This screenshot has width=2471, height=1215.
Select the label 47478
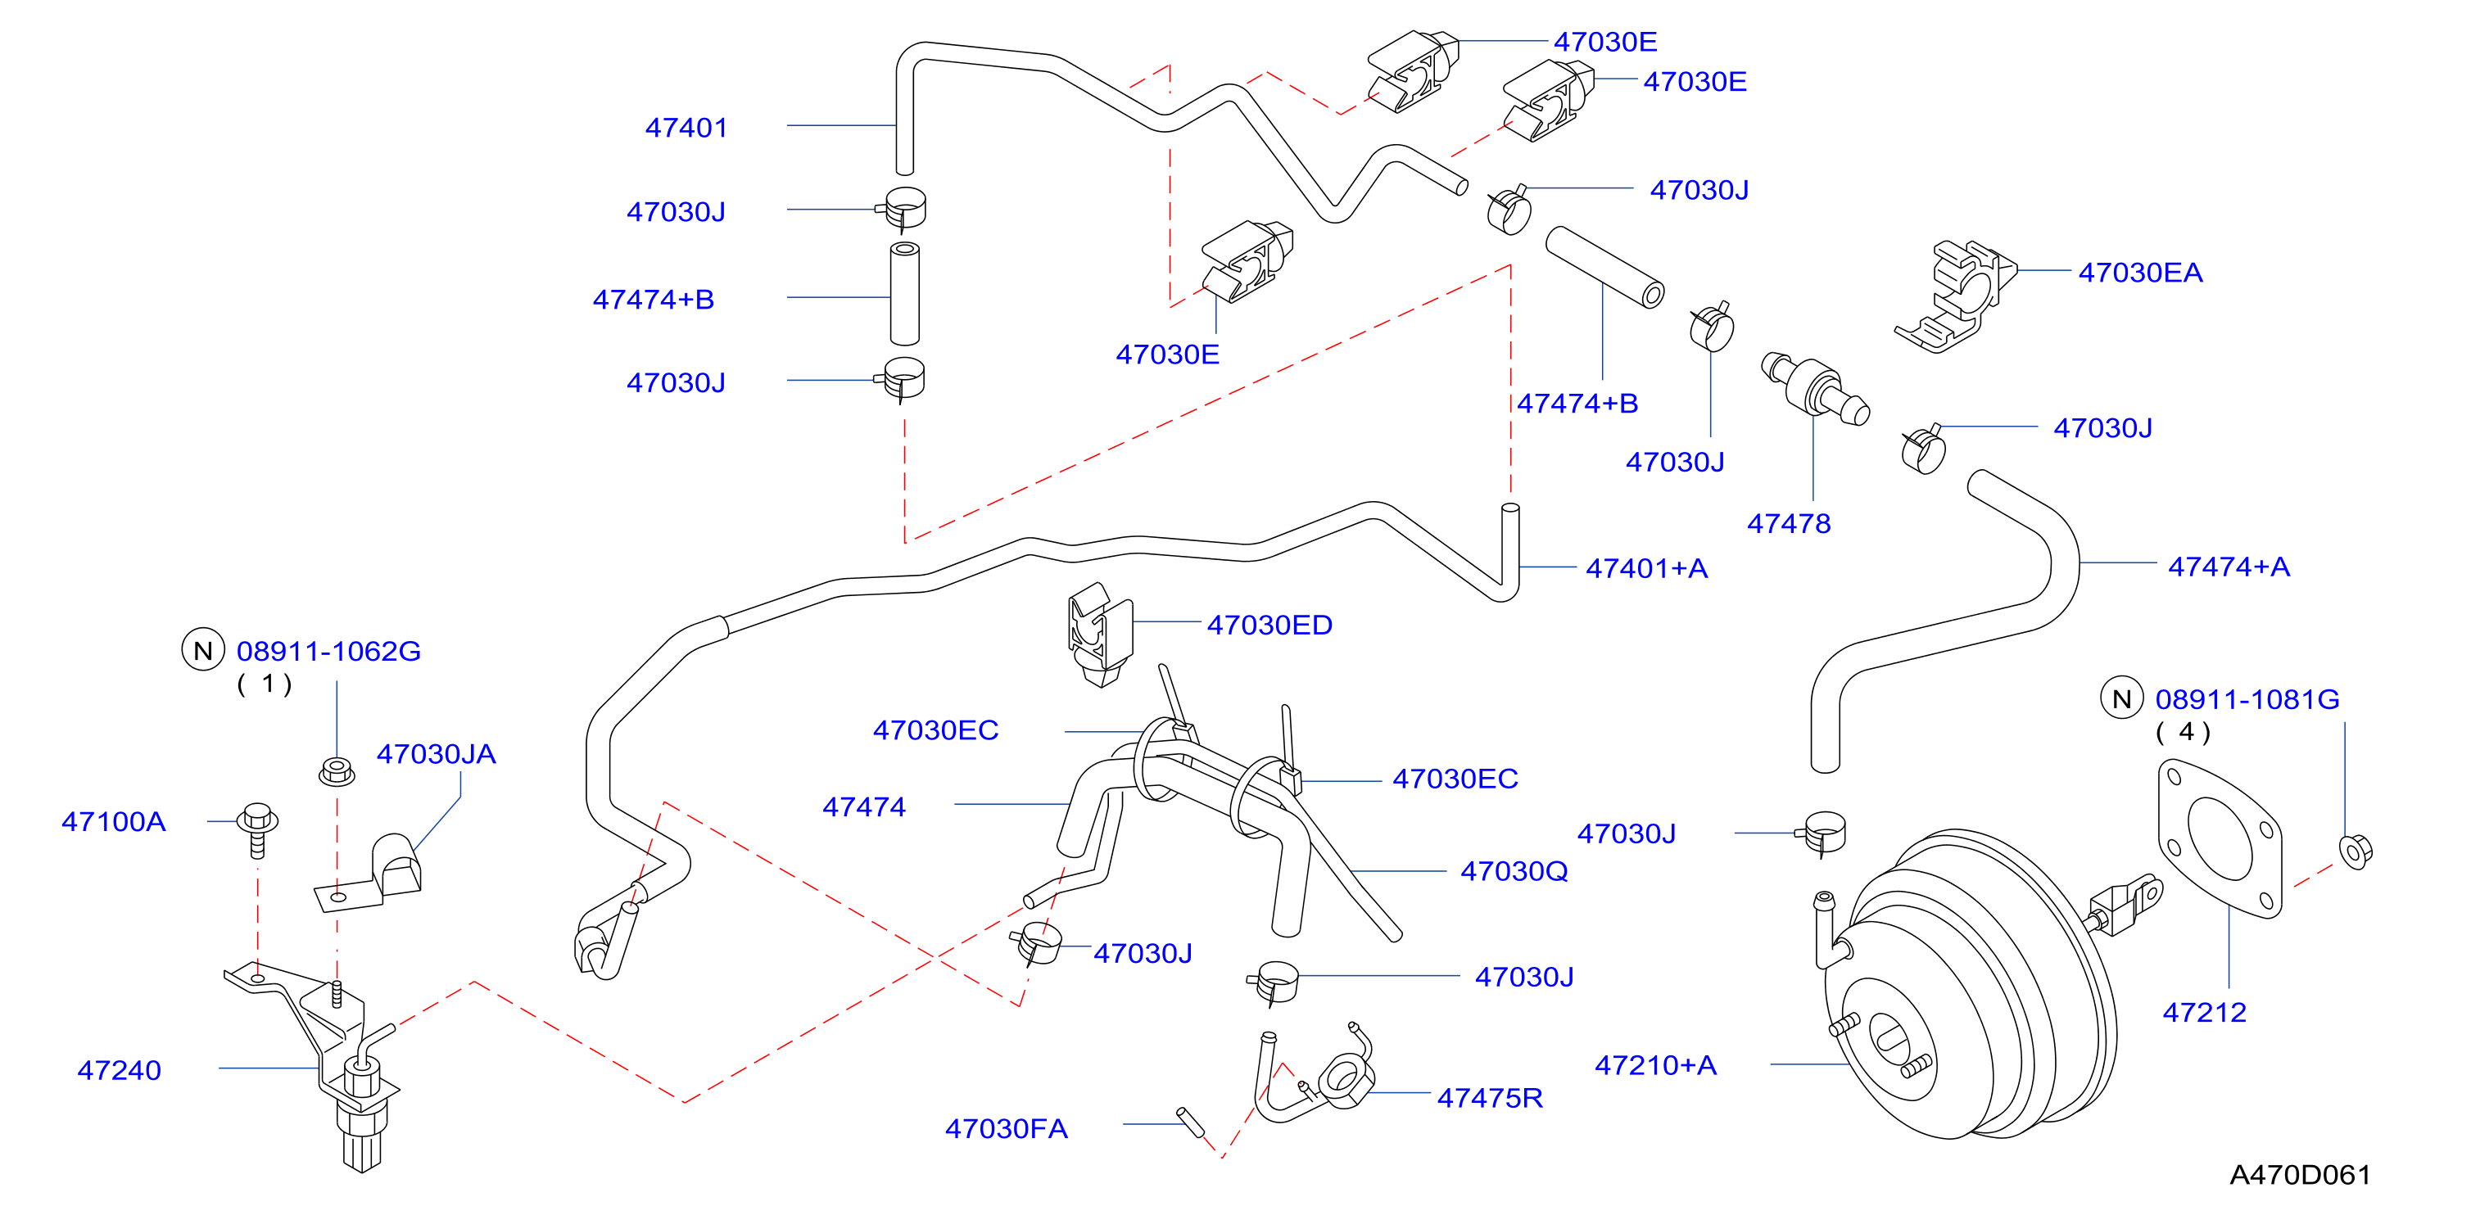[1788, 524]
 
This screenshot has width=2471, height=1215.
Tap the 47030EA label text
[2140, 273]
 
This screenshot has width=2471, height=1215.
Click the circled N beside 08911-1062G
[203, 650]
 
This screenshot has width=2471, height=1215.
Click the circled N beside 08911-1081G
[2122, 698]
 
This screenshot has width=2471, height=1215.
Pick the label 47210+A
[1655, 1065]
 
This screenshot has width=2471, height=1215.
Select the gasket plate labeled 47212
[2220, 838]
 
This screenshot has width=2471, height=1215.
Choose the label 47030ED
[1269, 626]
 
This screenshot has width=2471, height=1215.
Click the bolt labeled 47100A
[257, 829]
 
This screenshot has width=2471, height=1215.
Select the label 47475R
[1490, 1098]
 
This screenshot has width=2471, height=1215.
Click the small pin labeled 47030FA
[1190, 1121]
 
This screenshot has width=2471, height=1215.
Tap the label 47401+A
[1647, 569]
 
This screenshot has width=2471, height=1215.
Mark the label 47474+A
[2229, 567]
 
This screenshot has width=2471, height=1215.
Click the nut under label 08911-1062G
[337, 771]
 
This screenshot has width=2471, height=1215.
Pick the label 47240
[119, 1070]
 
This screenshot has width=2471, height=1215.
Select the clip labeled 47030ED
[1099, 634]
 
